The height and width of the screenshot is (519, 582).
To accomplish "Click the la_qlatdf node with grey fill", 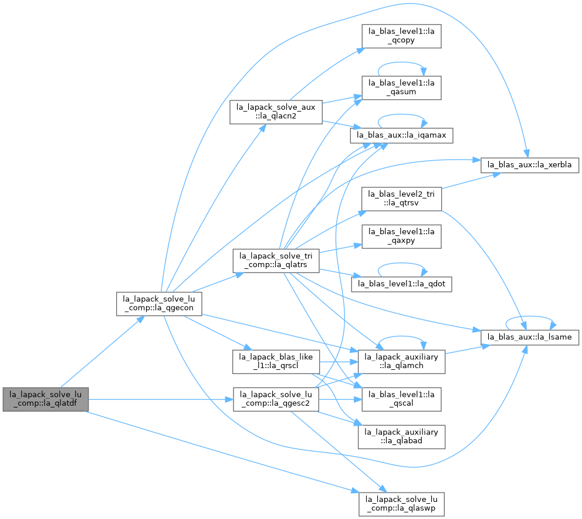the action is click(x=46, y=399).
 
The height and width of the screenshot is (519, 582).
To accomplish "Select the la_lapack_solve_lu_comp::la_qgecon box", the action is click(x=159, y=304).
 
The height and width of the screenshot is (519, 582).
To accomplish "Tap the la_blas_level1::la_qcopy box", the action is click(x=401, y=36).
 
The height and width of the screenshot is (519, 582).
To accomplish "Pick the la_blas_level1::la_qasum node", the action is click(x=401, y=87).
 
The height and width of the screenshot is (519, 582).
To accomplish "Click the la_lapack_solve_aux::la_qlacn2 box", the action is click(x=276, y=112).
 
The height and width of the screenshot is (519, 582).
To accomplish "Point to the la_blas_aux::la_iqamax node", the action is click(x=401, y=135).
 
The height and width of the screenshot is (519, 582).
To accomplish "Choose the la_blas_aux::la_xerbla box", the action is click(x=530, y=165).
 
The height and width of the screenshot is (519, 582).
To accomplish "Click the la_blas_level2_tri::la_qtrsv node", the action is click(x=402, y=199).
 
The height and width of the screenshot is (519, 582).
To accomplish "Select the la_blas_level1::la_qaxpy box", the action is click(x=401, y=236).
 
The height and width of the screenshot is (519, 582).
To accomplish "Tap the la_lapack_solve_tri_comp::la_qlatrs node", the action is click(x=276, y=261).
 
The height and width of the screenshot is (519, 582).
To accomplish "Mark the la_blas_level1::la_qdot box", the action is click(x=401, y=284).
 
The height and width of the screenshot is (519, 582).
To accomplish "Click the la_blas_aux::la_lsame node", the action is click(x=530, y=338).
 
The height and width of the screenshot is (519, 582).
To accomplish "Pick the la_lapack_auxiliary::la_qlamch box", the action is click(x=401, y=362).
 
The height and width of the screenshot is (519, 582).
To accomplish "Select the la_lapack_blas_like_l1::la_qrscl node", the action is click(x=276, y=362).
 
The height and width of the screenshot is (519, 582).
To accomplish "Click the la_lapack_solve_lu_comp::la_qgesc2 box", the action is click(x=276, y=399).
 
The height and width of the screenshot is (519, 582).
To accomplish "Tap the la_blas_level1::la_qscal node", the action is click(x=401, y=399).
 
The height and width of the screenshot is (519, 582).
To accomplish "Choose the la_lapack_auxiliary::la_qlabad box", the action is click(x=401, y=437).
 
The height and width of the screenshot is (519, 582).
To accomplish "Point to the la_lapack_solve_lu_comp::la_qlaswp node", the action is click(x=401, y=504).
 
